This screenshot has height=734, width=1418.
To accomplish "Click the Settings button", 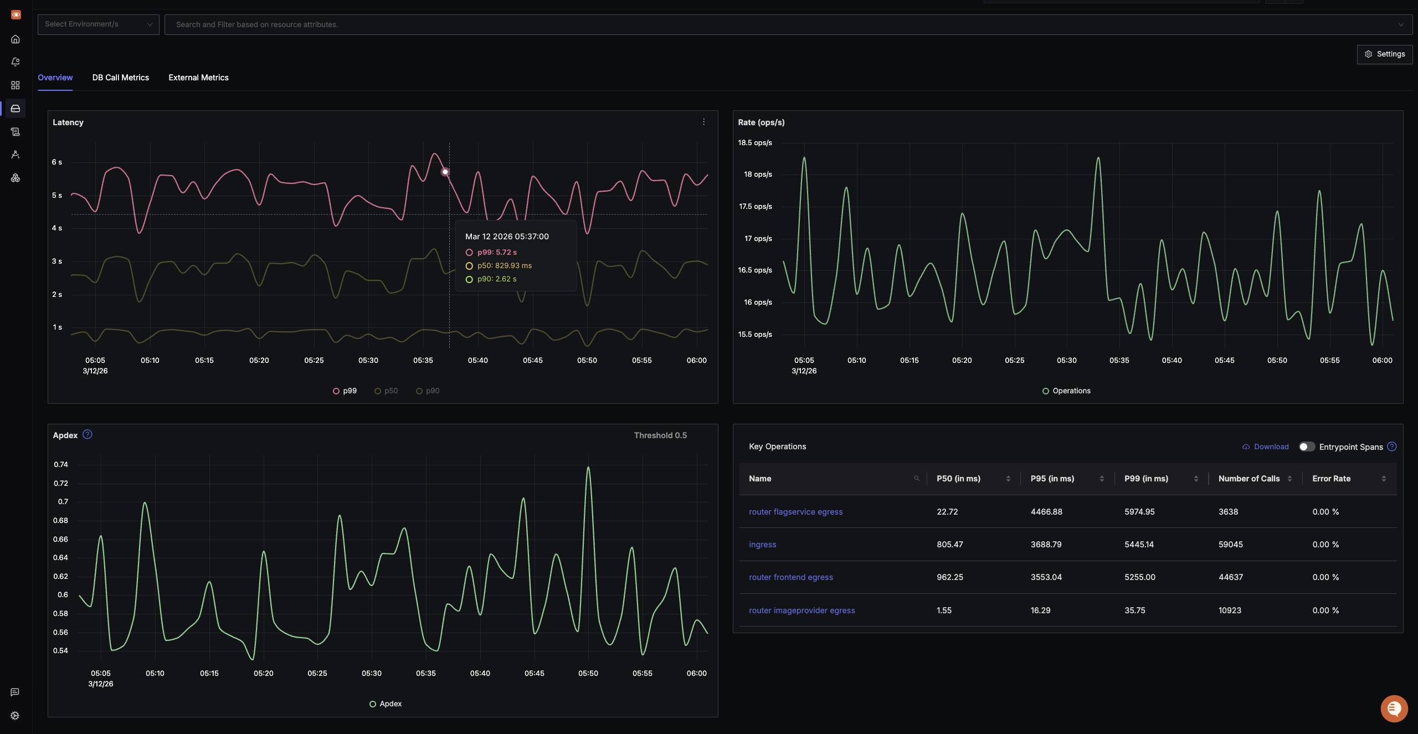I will (x=1384, y=54).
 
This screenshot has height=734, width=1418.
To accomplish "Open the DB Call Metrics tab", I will (x=120, y=78).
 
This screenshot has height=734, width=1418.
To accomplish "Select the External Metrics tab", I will (x=198, y=78).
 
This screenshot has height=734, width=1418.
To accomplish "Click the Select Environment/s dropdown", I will (x=98, y=24).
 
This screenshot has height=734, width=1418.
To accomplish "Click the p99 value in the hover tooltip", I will (x=496, y=253).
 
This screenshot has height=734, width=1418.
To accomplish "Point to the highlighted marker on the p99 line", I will (x=445, y=172).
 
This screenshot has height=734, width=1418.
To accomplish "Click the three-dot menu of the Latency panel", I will (x=703, y=122).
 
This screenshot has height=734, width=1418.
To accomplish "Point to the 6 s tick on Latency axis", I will (x=56, y=162).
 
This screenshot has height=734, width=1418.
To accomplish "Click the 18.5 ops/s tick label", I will (x=754, y=143).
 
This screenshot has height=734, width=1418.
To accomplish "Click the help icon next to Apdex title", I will (x=88, y=435).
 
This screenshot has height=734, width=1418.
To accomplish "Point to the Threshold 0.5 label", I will (x=660, y=435).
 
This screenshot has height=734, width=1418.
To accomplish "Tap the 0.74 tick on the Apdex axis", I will (x=61, y=465).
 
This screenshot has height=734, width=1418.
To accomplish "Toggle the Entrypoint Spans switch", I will (x=1307, y=447).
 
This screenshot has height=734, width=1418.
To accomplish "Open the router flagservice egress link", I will (x=795, y=512).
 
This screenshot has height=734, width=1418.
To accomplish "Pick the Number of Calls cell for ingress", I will (x=1230, y=545).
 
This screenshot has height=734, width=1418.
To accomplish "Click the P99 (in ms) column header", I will (x=1146, y=479).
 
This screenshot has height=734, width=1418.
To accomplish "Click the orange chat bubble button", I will (x=1394, y=709).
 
